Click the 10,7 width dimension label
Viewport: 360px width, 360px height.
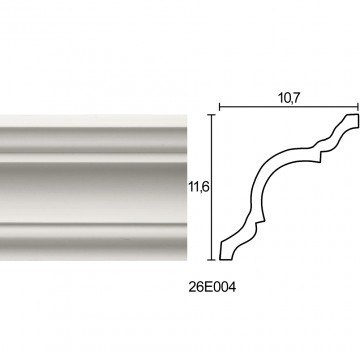click(x=288, y=98)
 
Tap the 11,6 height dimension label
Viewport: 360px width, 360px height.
click(x=199, y=187)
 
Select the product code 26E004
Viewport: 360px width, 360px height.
click(x=212, y=287)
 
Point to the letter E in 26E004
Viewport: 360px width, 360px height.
click(x=208, y=287)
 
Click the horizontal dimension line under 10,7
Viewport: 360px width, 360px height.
click(x=289, y=107)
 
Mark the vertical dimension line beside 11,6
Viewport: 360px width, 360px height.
click(x=212, y=187)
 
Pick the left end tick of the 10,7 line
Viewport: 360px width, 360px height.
click(x=219, y=107)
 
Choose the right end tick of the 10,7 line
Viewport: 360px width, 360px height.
click(x=358, y=107)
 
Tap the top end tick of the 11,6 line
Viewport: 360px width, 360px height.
click(x=212, y=115)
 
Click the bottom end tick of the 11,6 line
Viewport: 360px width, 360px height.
click(x=212, y=259)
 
